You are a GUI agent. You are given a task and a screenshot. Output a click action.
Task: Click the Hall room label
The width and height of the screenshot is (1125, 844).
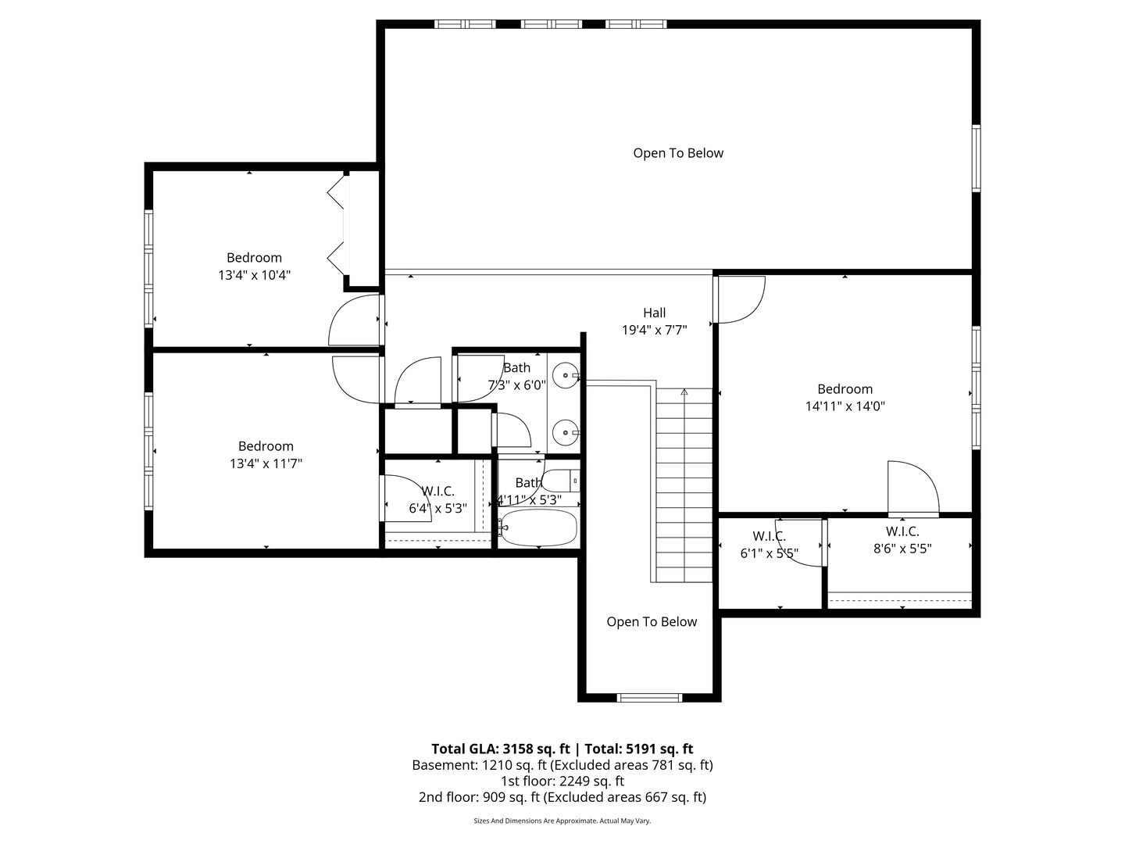tap(654, 313)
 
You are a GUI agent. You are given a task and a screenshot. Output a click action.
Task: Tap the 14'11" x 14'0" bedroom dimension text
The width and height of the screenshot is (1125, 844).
tap(845, 406)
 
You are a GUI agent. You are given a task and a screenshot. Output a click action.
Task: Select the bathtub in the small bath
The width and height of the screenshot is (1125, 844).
tap(538, 528)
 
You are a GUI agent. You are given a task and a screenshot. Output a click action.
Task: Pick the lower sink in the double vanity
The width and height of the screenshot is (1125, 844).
tap(564, 431)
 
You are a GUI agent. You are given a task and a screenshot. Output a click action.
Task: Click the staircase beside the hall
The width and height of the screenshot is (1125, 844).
tap(684, 485)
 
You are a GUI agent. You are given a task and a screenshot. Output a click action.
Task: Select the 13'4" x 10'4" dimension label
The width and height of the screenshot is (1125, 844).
tap(254, 275)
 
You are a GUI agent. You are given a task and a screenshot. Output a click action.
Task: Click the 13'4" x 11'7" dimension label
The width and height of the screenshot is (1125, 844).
tap(266, 463)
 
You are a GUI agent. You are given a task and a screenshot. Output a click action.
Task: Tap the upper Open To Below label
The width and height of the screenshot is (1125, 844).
tap(678, 153)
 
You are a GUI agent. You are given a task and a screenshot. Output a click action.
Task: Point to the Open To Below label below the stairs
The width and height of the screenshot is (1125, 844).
tap(652, 622)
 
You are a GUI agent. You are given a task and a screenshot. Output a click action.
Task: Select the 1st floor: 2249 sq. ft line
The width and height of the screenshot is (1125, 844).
tap(562, 781)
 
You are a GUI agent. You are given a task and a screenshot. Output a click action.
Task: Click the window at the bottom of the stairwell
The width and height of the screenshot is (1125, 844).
tap(649, 698)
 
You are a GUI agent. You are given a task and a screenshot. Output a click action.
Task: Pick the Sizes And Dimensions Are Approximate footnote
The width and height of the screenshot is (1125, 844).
tap(562, 821)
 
